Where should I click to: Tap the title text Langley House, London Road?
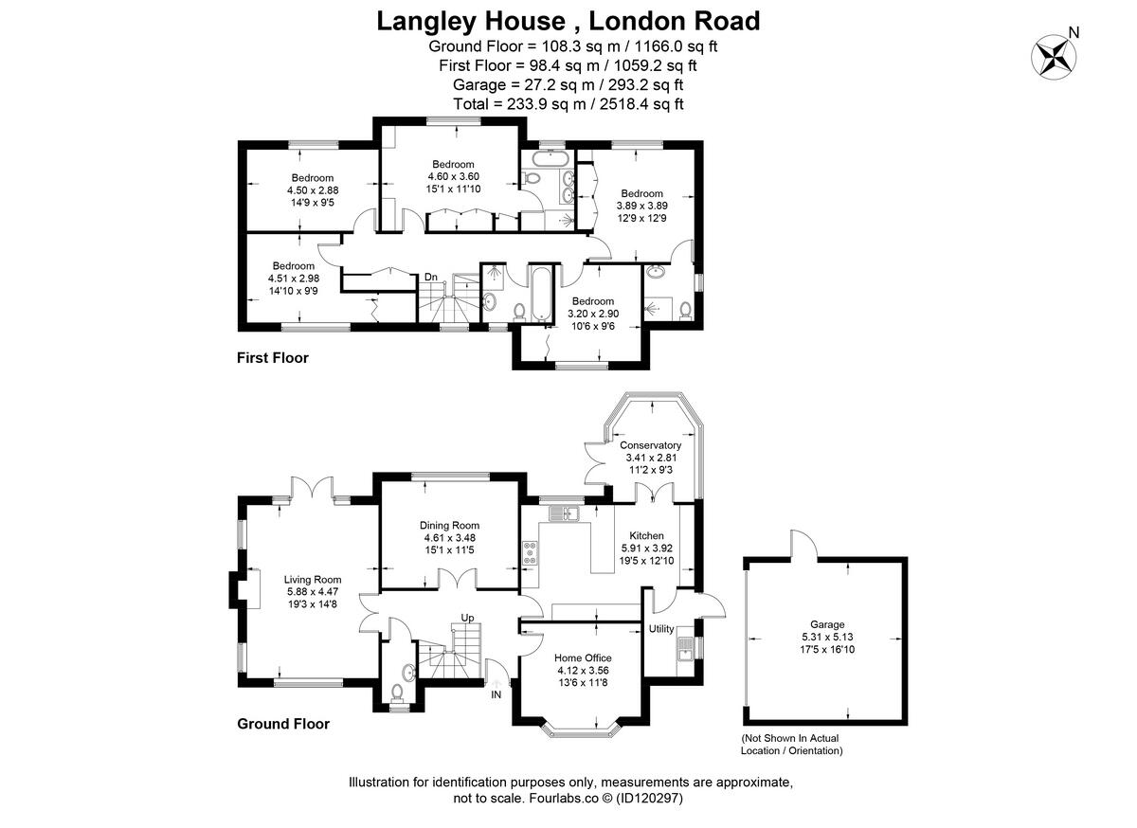[x=568, y=20]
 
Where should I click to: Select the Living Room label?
[x=313, y=580]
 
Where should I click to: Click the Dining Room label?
[x=450, y=526]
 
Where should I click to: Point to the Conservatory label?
[x=650, y=445]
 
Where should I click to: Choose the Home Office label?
[x=583, y=657]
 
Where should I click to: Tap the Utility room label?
[x=660, y=629]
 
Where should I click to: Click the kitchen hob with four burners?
[x=530, y=552]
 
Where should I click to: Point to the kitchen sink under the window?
[x=565, y=513]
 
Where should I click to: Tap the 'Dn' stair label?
[x=431, y=277]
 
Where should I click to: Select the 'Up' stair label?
[x=467, y=618]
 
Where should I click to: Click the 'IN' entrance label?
[x=496, y=694]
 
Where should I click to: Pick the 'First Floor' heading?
[x=272, y=358]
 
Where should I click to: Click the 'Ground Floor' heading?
[x=282, y=724]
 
